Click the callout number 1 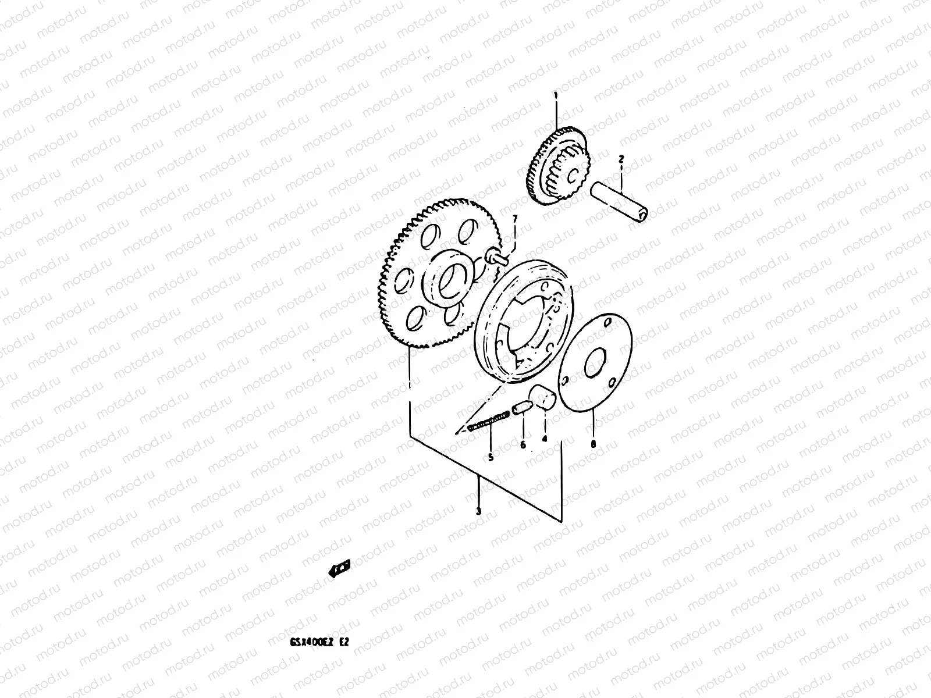[556, 94]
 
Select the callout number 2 [621, 158]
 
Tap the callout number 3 [478, 511]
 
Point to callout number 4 [545, 439]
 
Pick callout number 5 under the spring [491, 458]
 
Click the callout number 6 [523, 445]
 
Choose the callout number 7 [514, 218]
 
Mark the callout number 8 [593, 444]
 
